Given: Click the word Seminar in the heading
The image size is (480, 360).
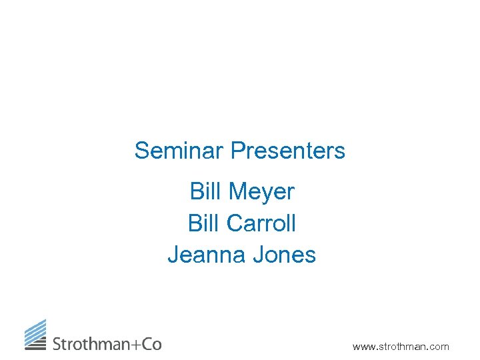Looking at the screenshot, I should click(x=179, y=151).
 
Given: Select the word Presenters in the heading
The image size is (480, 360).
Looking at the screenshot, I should click(x=288, y=151).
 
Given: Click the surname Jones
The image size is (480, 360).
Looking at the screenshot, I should click(x=283, y=255).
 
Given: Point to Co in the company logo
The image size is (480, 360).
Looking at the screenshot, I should click(x=151, y=344).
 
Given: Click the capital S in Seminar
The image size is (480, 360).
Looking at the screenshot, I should click(x=141, y=151).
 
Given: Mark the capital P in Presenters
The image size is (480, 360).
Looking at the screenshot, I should click(x=237, y=151).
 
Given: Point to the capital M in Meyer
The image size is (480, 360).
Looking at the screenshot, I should click(x=237, y=192).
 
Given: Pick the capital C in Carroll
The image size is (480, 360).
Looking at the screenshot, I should click(x=234, y=223).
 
